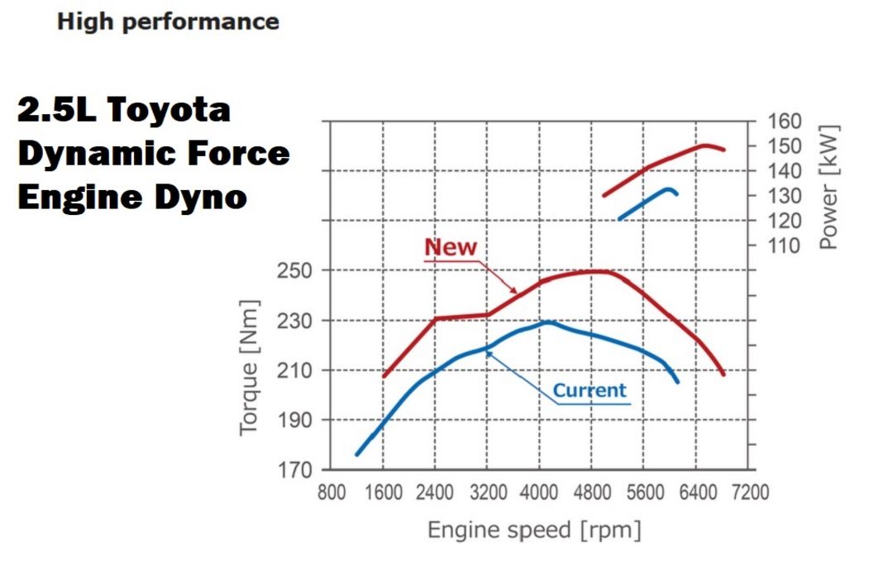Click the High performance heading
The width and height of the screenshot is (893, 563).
(168, 21)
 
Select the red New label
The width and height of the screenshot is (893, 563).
(451, 246)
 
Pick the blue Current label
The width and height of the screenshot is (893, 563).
(590, 390)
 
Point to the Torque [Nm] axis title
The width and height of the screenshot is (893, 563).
(251, 368)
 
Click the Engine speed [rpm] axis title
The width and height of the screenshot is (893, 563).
(534, 529)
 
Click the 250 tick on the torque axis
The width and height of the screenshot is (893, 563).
(294, 270)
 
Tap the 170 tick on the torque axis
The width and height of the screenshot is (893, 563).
(294, 470)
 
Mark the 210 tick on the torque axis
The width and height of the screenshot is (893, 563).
(294, 370)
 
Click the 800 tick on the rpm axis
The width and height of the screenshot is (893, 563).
(332, 493)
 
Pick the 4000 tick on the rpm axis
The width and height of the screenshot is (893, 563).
(539, 493)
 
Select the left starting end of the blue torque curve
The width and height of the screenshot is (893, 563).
(357, 454)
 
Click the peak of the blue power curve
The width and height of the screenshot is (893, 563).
(669, 189)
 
